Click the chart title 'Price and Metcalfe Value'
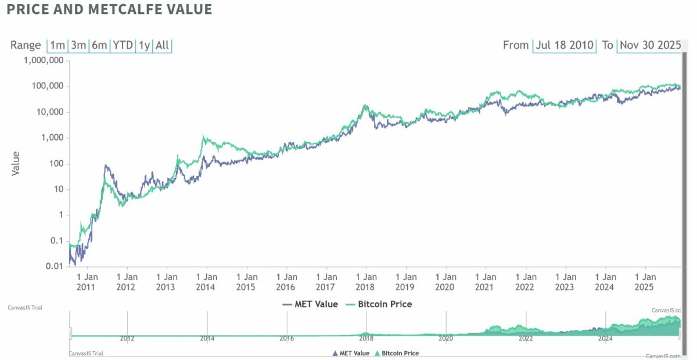point(110,10)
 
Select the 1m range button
point(58,45)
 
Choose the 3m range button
point(78,45)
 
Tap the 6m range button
point(99,45)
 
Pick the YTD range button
point(123,45)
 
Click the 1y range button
point(143,45)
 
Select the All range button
point(163,45)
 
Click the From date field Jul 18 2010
point(565,45)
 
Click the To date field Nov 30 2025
point(649,45)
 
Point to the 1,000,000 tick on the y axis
point(44,61)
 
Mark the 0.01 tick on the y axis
point(55,267)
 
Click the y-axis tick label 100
point(56,164)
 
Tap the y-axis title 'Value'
point(16,163)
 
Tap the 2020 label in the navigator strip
point(445,338)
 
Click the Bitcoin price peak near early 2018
point(365,106)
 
